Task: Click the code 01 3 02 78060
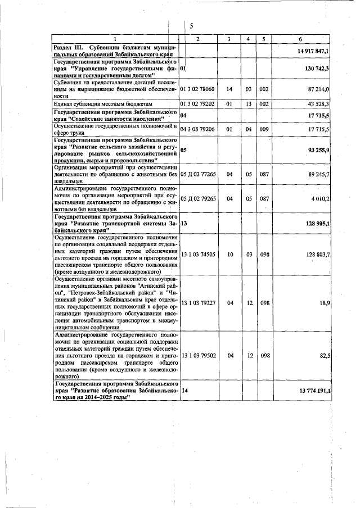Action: pyautogui.click(x=197, y=89)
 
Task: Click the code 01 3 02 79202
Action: pyautogui.click(x=197, y=104)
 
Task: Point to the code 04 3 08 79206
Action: pyautogui.click(x=197, y=129)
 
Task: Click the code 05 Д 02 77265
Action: pyautogui.click(x=198, y=174)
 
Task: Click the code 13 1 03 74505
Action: pyautogui.click(x=197, y=255)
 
